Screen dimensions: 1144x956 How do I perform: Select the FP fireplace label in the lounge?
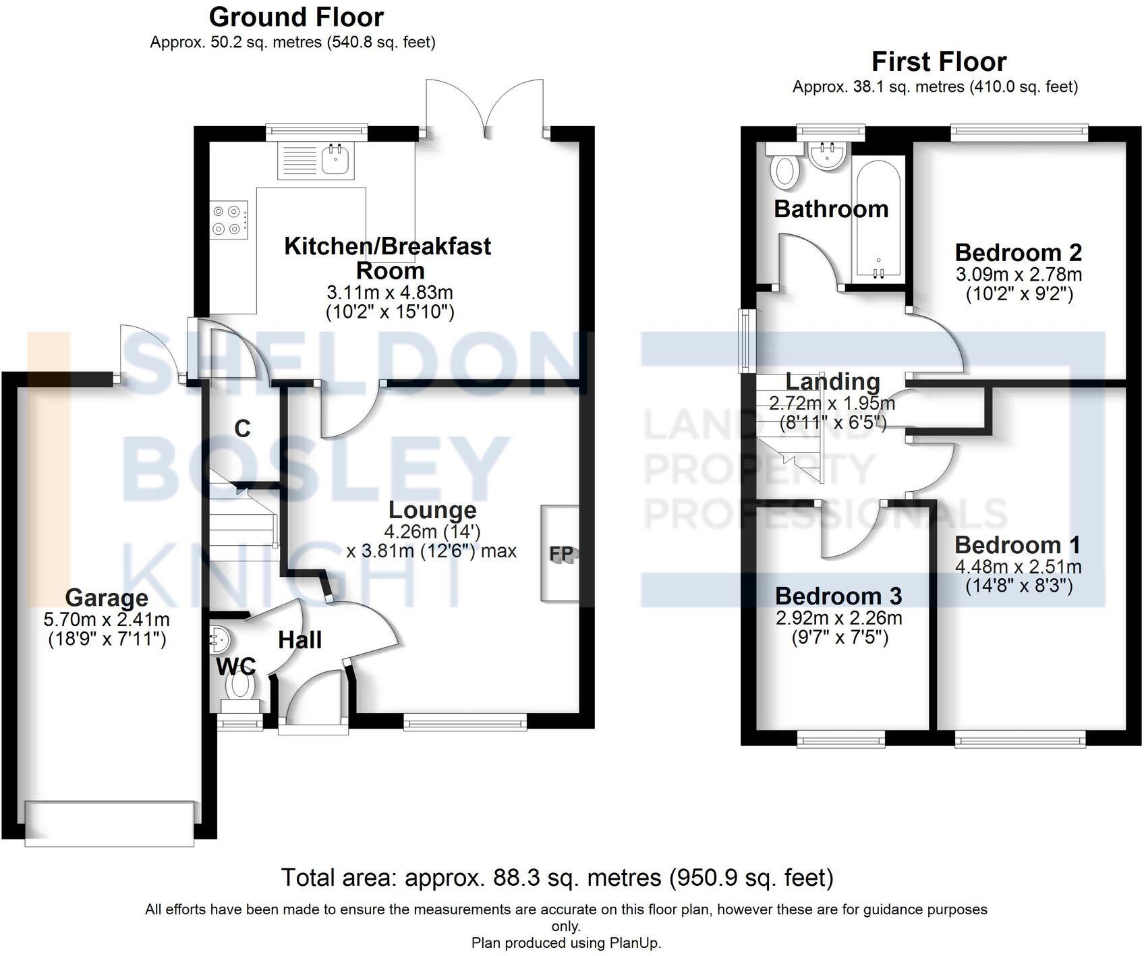(561, 554)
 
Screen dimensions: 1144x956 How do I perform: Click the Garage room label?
(107, 598)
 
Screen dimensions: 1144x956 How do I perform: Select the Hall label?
(300, 640)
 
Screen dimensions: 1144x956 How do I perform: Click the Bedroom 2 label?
(1018, 253)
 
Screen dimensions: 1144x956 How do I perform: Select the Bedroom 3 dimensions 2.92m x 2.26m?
(838, 617)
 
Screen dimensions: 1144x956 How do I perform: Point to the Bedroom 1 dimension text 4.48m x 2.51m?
(1018, 567)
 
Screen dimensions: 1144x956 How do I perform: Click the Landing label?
(832, 382)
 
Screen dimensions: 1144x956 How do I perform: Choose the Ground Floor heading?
(296, 17)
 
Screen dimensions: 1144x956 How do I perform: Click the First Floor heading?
(939, 62)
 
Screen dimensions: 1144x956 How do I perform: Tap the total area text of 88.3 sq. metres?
(557, 877)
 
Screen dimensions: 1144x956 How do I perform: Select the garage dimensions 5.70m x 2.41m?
(107, 619)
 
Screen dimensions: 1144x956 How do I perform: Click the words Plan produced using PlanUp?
(566, 943)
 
